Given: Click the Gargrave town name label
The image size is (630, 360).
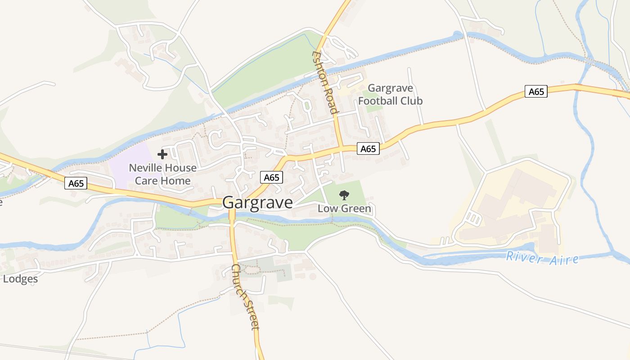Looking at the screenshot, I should pos(257,202).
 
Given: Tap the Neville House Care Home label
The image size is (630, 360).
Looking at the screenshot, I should pos(162,174).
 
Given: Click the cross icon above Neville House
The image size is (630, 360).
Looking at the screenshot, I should pos(162,154).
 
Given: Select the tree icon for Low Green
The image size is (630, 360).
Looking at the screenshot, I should pos(344,195).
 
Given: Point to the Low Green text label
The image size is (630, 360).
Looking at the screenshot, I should pos(344,208).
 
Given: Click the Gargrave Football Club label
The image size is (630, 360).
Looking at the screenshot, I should pos(390,94).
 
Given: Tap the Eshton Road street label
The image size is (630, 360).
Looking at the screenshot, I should pos(325,82).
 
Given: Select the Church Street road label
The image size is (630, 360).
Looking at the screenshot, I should pos(246,297).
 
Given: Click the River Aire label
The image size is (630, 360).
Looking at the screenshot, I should pos(542,258).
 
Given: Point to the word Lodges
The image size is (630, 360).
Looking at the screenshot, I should pos(20,279).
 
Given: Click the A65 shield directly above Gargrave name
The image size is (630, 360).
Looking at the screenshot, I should pos(271,177).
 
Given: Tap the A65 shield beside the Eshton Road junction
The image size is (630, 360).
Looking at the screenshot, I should pos(368,148).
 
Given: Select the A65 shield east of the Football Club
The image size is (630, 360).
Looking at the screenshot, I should pos(536,92).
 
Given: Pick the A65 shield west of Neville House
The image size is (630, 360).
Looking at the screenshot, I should pos(76,183).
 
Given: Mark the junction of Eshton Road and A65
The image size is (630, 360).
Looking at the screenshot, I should pos(342,147).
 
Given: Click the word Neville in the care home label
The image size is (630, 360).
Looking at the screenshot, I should pos(144,168).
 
